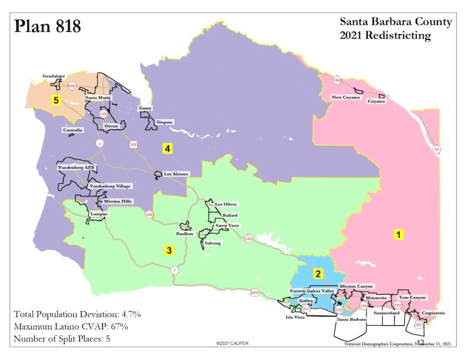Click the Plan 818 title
click(47, 26)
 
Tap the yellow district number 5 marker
click(56, 101)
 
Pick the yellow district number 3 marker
click(168, 250)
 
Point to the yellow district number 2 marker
click(319, 274)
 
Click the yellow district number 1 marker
click(398, 235)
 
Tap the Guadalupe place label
click(54, 76)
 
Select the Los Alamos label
click(176, 174)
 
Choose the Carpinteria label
click(432, 313)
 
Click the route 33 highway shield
click(437, 149)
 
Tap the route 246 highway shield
click(149, 214)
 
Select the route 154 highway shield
click(248, 238)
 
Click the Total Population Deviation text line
click(77, 314)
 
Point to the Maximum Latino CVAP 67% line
click(71, 326)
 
